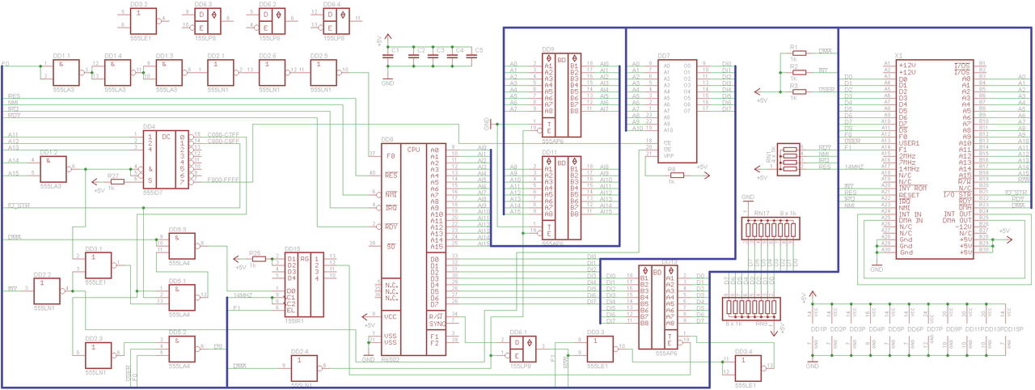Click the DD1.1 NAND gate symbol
(64, 74)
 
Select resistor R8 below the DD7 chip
(676, 175)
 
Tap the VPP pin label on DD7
(668, 155)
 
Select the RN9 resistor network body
(748, 310)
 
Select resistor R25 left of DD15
(258, 259)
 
